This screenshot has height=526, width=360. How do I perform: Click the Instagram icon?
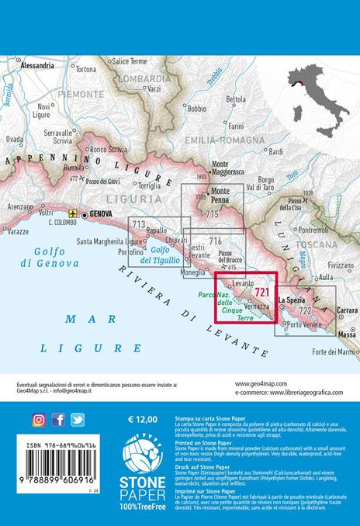[39, 420]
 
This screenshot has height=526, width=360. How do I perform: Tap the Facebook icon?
[58, 420]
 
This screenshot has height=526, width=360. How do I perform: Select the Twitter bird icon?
[77, 420]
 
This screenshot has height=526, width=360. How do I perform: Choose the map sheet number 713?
[140, 225]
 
